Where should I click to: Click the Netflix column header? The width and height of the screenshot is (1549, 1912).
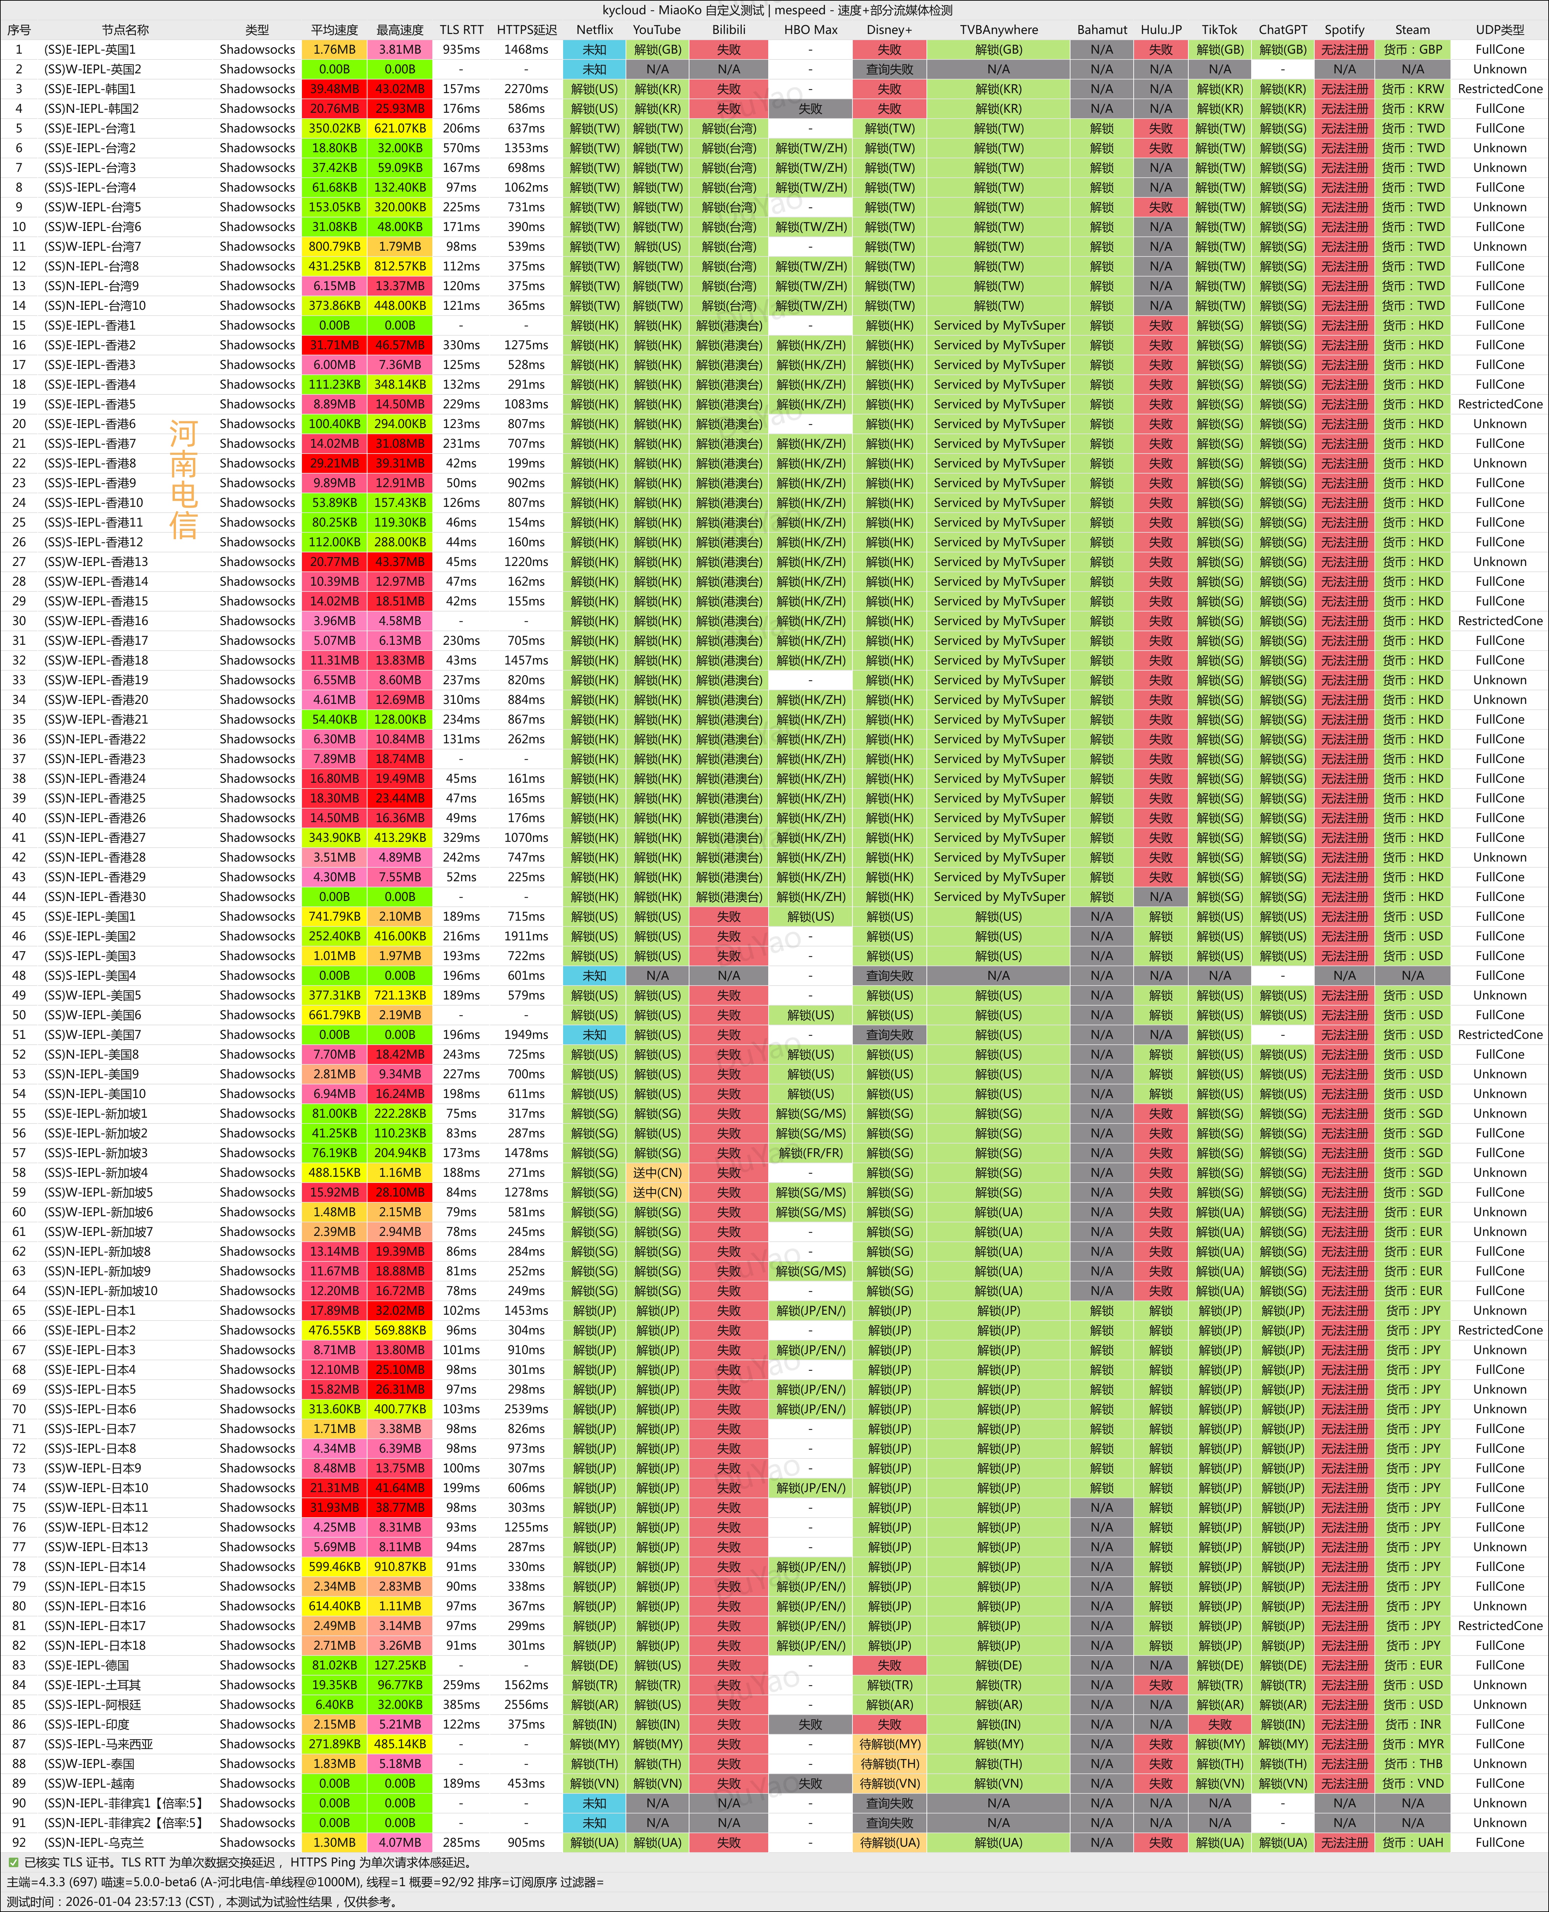pyautogui.click(x=594, y=30)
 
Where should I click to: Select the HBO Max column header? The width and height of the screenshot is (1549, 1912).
pyautogui.click(x=810, y=30)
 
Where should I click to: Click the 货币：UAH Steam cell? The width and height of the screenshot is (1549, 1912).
pyautogui.click(x=1412, y=1842)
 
